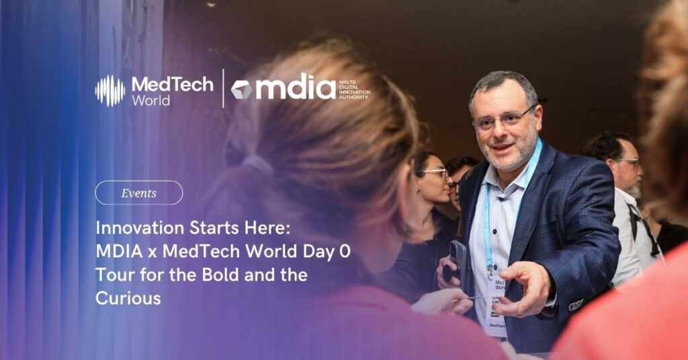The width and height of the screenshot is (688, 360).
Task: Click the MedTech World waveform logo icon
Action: [x=110, y=91]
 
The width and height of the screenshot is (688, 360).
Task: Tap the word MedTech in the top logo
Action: [x=172, y=84]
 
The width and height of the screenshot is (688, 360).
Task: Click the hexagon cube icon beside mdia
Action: [x=241, y=89]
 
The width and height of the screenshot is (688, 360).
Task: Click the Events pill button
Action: [x=139, y=193]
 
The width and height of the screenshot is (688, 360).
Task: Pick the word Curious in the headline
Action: [x=128, y=298]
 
